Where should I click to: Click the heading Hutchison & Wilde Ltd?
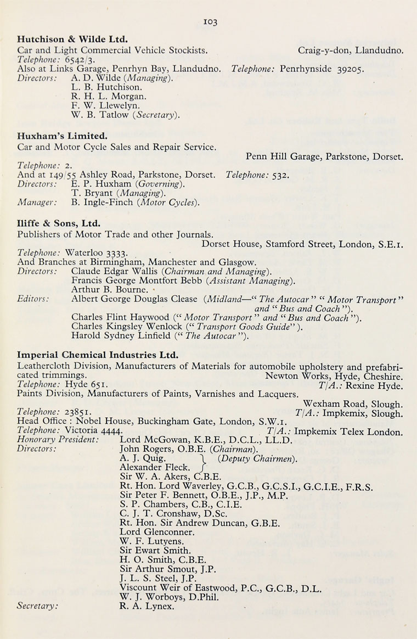pos(72,40)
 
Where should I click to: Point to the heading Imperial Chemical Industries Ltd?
pos(98,355)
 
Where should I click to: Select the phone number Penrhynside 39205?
pos(321,70)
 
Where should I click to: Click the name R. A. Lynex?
pos(146,607)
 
